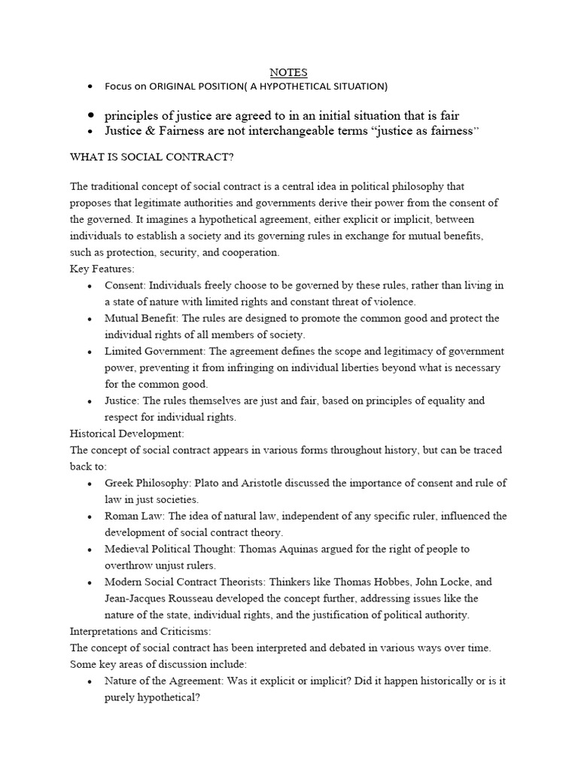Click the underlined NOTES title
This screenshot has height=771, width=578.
289,72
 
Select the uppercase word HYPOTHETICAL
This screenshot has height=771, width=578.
293,87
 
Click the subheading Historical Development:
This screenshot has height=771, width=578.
126,434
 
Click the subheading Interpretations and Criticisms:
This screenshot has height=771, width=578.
141,631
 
